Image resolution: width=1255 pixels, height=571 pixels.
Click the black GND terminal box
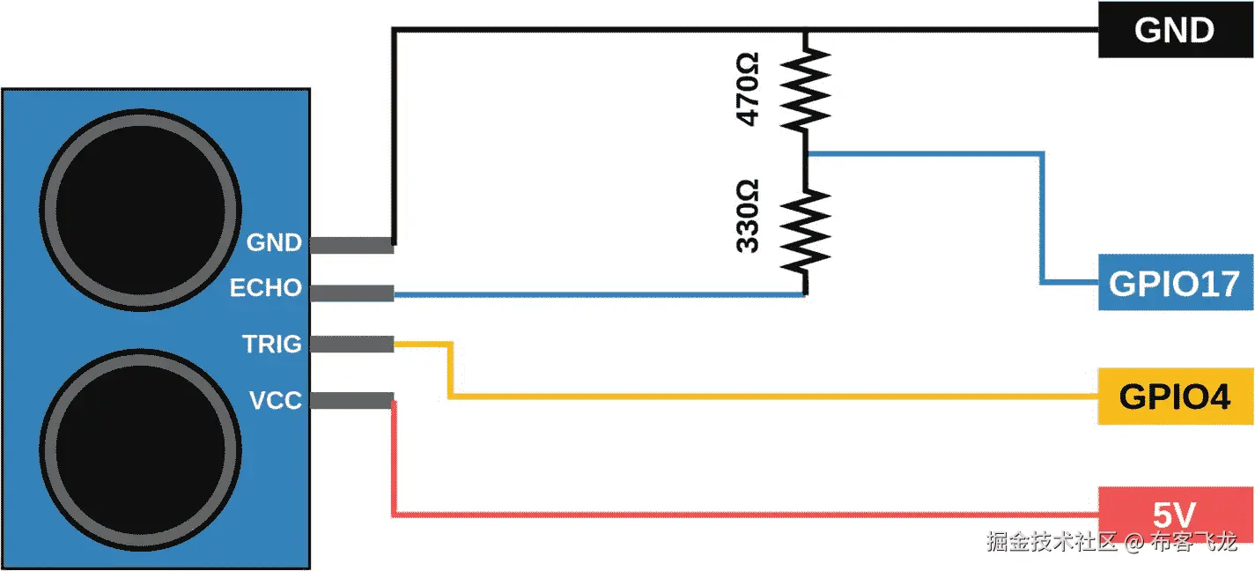tap(1175, 30)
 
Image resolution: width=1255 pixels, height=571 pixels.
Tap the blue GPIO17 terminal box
tap(1175, 284)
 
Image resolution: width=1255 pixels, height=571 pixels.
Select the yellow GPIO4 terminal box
tap(1175, 397)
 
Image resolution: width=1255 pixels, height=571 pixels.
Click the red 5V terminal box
tap(1175, 514)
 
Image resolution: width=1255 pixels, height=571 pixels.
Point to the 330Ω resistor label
tap(747, 216)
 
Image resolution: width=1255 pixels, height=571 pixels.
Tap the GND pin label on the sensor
tap(274, 242)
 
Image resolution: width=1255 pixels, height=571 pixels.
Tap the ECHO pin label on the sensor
tap(266, 288)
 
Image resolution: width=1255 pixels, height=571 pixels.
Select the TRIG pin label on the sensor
tap(272, 344)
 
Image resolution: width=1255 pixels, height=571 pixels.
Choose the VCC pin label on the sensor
tap(275, 401)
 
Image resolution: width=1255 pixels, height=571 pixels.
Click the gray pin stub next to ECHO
tap(351, 293)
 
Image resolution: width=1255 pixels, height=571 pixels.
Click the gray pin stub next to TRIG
tap(351, 345)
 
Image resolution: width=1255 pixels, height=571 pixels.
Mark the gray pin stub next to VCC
tap(351, 401)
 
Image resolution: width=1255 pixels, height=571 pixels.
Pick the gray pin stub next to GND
tap(351, 245)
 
